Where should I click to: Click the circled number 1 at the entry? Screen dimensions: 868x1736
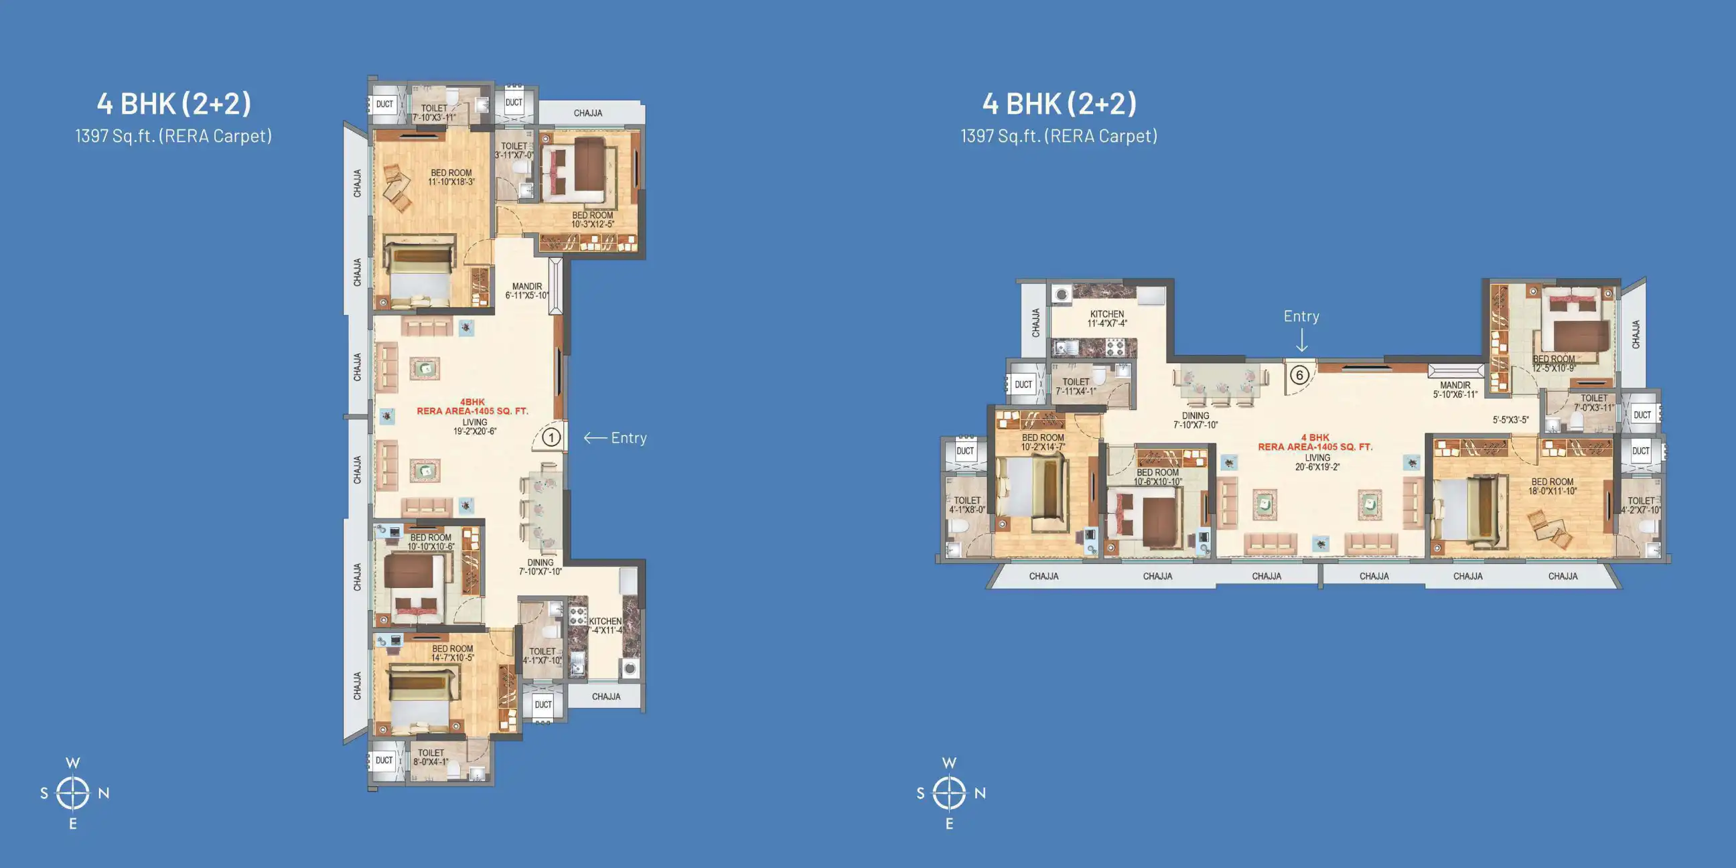(551, 438)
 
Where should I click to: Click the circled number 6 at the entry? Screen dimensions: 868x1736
(1299, 375)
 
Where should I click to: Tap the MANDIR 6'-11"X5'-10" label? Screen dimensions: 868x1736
(527, 291)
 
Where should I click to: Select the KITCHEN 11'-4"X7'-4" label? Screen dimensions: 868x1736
(1106, 319)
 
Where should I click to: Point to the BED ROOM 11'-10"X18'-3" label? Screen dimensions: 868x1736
(451, 177)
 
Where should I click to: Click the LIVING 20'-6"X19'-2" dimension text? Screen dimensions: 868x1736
(1317, 462)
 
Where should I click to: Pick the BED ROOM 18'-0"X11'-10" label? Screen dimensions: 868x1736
(1552, 486)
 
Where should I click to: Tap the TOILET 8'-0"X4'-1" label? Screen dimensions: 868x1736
(431, 757)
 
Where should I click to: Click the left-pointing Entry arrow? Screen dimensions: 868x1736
(595, 438)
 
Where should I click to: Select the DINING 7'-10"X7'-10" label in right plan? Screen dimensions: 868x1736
(1196, 421)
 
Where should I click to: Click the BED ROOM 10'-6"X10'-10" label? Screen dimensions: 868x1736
(1157, 477)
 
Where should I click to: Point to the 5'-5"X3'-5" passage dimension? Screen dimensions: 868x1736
(1510, 420)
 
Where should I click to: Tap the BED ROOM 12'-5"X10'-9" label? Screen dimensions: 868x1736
(1553, 364)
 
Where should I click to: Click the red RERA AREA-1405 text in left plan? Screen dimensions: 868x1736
(472, 411)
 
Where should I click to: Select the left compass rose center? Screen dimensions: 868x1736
(73, 792)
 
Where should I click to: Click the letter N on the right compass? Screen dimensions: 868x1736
(980, 793)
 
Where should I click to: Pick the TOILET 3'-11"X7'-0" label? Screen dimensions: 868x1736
(514, 150)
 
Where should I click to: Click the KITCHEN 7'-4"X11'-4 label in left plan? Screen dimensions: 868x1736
(605, 626)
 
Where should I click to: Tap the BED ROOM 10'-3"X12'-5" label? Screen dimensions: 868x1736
(592, 220)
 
